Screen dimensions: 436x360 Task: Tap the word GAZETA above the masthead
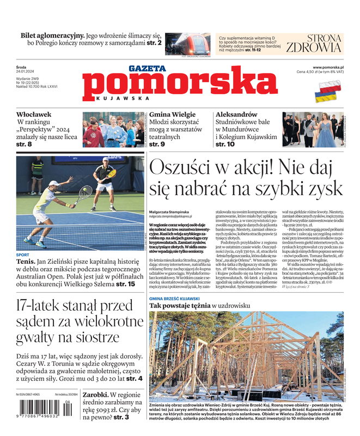point(147,69)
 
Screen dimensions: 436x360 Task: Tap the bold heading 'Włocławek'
point(34,114)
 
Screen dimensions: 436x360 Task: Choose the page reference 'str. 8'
point(24,144)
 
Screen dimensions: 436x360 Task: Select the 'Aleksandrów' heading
point(236,114)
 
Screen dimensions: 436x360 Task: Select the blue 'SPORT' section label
point(23,255)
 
